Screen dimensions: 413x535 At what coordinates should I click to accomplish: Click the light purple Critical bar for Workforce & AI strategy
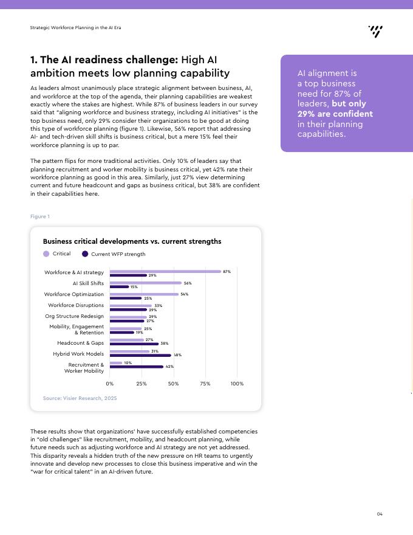click(x=165, y=272)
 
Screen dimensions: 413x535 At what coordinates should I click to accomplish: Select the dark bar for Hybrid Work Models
click(x=140, y=355)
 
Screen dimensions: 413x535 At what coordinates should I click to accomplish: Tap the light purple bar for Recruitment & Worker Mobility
click(x=116, y=363)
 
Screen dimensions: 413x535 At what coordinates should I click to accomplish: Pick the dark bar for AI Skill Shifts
click(x=119, y=286)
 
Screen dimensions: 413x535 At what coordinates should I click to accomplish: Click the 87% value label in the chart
click(x=227, y=272)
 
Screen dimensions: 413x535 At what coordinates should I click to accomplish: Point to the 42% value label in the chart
click(x=169, y=367)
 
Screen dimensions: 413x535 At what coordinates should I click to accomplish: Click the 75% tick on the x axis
click(x=205, y=384)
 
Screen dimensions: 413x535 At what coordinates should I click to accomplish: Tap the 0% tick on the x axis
click(x=110, y=384)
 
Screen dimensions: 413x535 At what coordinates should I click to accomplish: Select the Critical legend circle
click(x=46, y=254)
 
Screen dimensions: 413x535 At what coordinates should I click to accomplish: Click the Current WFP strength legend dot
click(x=85, y=254)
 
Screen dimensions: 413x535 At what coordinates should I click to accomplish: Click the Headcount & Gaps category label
click(x=80, y=343)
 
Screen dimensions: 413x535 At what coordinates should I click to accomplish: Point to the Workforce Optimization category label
click(x=74, y=294)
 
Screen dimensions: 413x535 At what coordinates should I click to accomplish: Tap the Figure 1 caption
click(x=40, y=216)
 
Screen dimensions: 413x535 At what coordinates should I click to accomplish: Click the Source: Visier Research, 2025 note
click(x=80, y=398)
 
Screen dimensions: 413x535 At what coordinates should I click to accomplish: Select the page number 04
click(x=380, y=514)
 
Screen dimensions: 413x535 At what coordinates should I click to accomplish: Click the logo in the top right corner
click(x=375, y=32)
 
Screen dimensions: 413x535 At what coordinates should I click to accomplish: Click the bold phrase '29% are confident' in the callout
click(x=335, y=114)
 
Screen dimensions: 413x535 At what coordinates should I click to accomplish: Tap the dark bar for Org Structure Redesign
click(x=127, y=321)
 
